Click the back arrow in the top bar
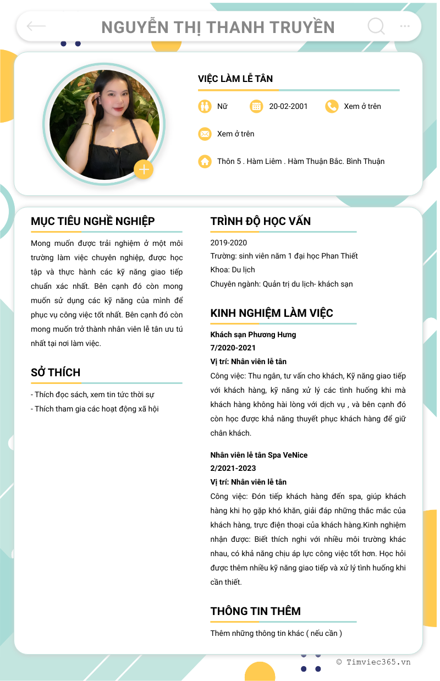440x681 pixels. (x=36, y=26)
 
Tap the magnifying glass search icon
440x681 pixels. (x=376, y=26)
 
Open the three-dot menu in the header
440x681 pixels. (x=405, y=26)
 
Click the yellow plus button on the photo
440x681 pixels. (x=144, y=169)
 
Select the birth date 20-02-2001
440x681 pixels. (x=288, y=106)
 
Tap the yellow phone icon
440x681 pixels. (x=332, y=106)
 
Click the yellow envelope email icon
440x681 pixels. (x=205, y=134)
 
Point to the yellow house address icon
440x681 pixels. (x=205, y=161)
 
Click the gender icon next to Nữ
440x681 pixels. (x=205, y=106)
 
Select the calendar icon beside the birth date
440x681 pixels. (x=256, y=106)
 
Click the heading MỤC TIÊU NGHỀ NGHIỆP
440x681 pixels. (x=92, y=221)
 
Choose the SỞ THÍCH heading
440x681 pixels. (x=56, y=372)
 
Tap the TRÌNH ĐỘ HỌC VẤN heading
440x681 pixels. (x=260, y=221)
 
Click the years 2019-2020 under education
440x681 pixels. (x=229, y=243)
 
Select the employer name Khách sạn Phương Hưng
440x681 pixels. (x=253, y=334)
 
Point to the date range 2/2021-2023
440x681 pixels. (x=233, y=468)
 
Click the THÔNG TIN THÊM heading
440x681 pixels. (x=255, y=611)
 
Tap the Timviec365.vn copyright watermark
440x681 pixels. (x=373, y=662)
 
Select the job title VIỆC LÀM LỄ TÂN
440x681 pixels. (x=235, y=79)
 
